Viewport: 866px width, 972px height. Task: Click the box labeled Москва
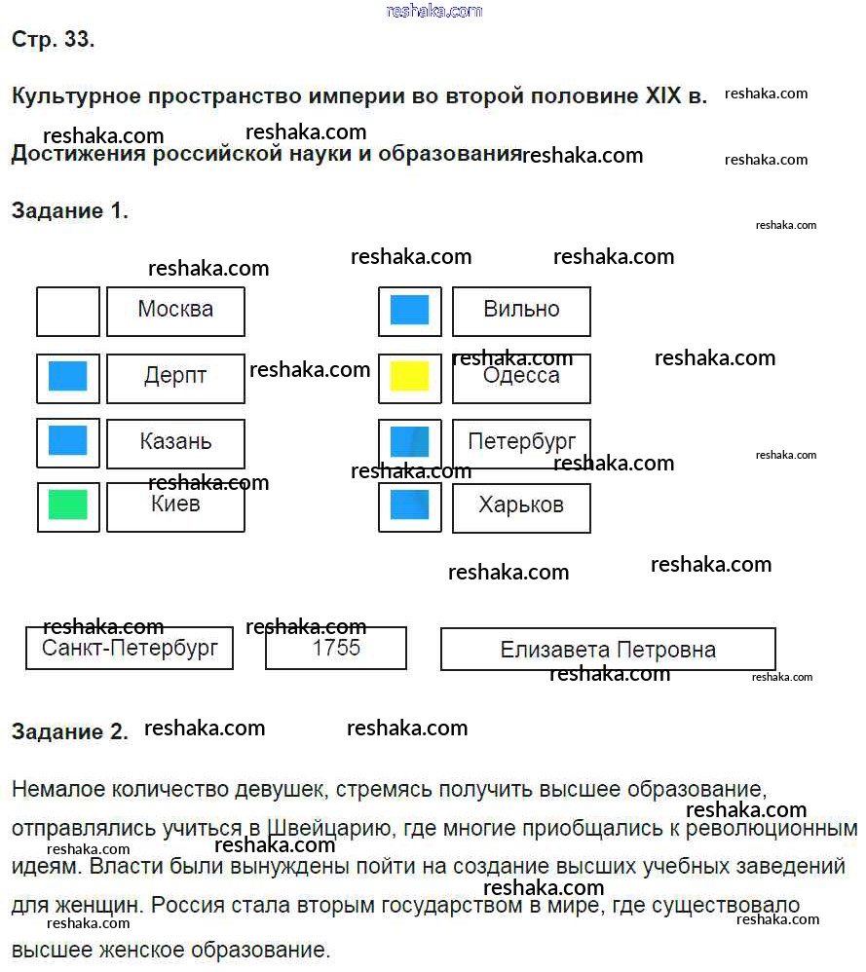[175, 311]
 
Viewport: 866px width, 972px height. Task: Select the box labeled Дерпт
[175, 378]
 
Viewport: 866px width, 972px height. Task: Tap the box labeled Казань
[175, 443]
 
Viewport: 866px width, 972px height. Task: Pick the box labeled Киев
[175, 506]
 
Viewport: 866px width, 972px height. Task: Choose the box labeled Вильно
[521, 311]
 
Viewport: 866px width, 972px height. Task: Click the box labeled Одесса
[521, 378]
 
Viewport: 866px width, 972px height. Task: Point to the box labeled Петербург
[521, 443]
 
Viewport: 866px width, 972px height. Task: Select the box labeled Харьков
[521, 506]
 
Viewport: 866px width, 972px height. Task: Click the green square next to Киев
[68, 505]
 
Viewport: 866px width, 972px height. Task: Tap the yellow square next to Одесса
[410, 377]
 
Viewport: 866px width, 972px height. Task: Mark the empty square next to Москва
[68, 311]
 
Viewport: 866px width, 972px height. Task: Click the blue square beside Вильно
[410, 310]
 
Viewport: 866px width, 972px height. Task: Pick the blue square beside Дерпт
[68, 377]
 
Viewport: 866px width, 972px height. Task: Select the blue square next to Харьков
[410, 505]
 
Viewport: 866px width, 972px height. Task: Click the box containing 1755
[336, 649]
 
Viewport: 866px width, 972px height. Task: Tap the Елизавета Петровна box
[608, 650]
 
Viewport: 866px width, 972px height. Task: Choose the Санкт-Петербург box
[130, 649]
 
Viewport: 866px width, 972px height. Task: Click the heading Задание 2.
[69, 732]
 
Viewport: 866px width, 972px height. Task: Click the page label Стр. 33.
[53, 40]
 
